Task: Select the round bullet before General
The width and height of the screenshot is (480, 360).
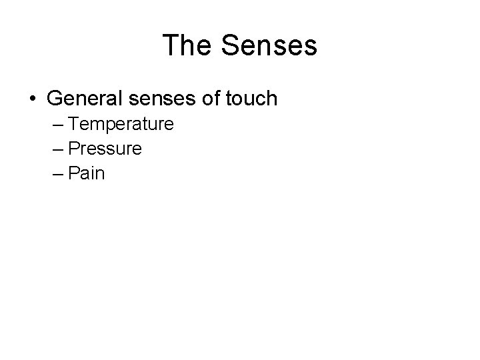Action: point(33,99)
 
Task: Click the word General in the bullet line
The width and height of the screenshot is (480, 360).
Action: point(84,99)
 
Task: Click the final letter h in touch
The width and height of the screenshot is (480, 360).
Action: point(271,99)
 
